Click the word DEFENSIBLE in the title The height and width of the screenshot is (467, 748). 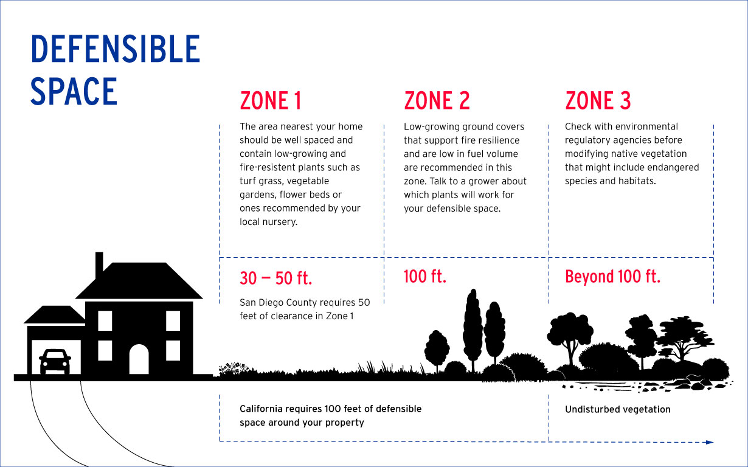[116, 50]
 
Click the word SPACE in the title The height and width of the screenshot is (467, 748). [74, 92]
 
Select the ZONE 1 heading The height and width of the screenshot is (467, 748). [271, 101]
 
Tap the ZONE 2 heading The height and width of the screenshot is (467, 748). [437, 101]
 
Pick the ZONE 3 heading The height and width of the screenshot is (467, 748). [598, 101]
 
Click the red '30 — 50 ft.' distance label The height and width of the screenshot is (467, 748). [275, 278]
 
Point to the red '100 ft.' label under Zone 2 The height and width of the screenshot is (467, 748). [425, 277]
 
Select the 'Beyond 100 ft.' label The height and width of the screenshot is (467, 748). [612, 277]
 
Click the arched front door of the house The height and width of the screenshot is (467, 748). [139, 359]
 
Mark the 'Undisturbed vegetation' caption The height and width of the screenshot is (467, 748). [617, 409]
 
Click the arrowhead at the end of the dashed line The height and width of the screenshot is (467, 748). [709, 442]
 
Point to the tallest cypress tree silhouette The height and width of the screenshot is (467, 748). [473, 322]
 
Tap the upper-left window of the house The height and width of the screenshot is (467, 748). [105, 320]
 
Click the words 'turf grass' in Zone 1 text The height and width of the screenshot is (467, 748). [263, 181]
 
